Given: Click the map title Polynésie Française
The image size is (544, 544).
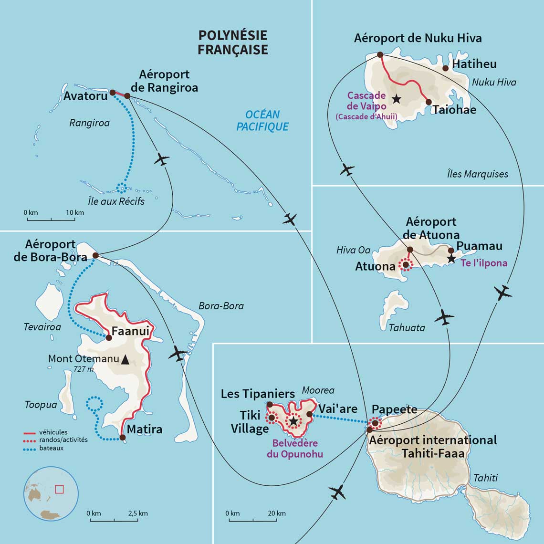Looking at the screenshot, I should (x=233, y=42).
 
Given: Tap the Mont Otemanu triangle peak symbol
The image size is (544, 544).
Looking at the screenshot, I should (x=125, y=360).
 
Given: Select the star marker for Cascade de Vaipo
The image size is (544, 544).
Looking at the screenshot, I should (x=396, y=99).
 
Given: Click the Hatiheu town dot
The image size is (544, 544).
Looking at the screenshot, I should (x=445, y=68).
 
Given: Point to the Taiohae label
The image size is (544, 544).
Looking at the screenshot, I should (x=454, y=110).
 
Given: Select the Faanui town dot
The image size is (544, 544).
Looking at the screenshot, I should (x=108, y=337).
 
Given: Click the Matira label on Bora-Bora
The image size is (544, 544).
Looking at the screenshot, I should (x=145, y=429).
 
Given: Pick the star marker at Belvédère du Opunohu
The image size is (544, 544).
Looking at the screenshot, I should (x=293, y=421).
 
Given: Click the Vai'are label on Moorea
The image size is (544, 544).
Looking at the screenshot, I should (x=338, y=409).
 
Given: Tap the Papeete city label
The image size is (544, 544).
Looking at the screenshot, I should (x=394, y=409).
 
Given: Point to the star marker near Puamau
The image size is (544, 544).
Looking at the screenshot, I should (x=451, y=259).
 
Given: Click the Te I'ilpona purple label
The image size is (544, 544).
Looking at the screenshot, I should (x=484, y=263).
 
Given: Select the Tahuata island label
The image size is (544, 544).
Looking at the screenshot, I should (x=407, y=327).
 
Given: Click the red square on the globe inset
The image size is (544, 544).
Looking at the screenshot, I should (x=59, y=489).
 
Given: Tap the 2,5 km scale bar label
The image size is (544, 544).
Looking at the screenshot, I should (x=138, y=513).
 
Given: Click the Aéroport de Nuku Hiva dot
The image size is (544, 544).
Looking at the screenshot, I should (x=380, y=54).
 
